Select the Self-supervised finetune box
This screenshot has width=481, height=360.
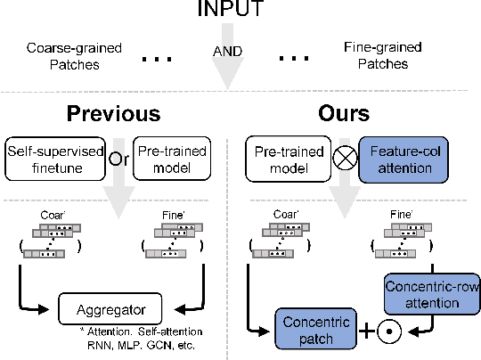click(x=55, y=156)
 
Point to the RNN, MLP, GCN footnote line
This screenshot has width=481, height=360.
click(x=136, y=344)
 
